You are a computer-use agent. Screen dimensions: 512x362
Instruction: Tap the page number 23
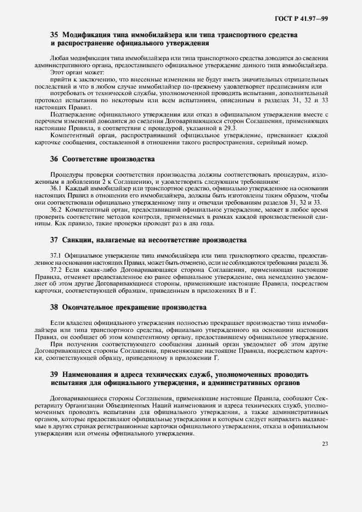tap(325, 444)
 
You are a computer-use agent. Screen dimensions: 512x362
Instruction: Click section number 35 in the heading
tap(54, 35)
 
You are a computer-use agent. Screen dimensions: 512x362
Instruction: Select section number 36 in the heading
tap(54, 159)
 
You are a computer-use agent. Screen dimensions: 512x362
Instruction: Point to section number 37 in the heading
tap(54, 240)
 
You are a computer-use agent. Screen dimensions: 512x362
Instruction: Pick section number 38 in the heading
tap(54, 307)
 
